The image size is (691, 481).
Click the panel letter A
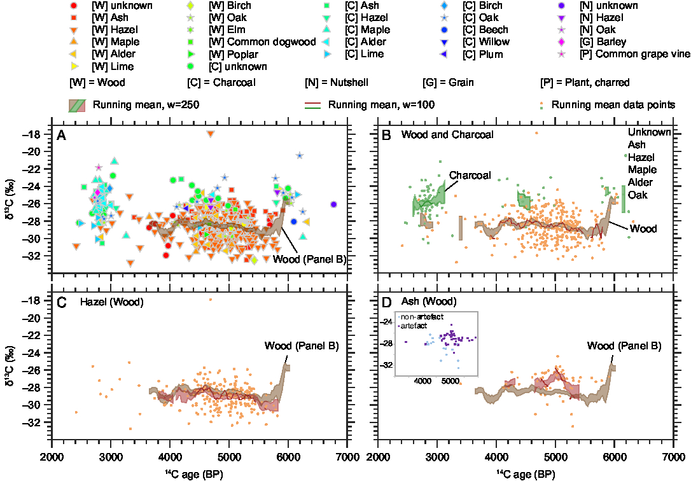click(x=61, y=134)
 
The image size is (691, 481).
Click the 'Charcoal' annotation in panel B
click(x=469, y=175)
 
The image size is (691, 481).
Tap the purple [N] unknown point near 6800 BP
click(x=334, y=204)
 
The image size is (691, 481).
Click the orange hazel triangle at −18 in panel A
click(x=211, y=134)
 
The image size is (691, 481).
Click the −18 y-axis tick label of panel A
click(x=34, y=134)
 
